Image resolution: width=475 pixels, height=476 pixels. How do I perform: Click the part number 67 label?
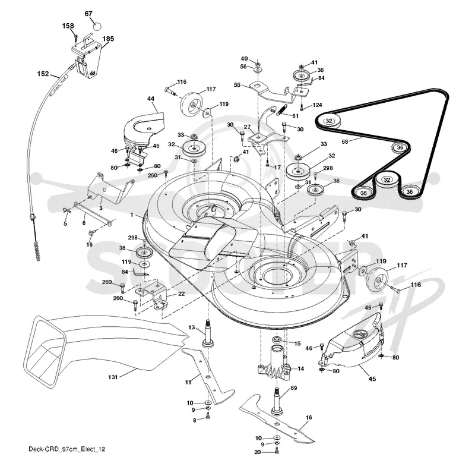point(88,14)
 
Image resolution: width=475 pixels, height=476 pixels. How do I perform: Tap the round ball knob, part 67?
point(96,26)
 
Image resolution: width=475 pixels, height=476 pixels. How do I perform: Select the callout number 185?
point(108,39)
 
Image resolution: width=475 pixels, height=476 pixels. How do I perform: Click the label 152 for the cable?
point(43,74)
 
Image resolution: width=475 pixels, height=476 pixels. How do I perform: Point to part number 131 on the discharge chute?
point(113,377)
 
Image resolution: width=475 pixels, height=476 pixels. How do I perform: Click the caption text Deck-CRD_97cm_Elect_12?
point(67,449)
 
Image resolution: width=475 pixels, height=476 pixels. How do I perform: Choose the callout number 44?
point(150,99)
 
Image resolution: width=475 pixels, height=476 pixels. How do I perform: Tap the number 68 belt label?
point(345,142)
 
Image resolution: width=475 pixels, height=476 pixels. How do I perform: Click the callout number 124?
point(317,105)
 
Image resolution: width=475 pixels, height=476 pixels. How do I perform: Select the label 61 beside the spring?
point(296,116)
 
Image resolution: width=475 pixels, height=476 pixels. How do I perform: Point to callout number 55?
point(237,85)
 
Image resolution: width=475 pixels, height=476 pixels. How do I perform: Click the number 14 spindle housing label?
point(300,368)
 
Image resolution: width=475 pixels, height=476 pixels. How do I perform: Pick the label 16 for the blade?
point(309,417)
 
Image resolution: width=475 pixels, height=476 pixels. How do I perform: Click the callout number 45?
point(372,379)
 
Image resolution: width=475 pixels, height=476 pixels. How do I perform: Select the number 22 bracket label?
point(181,294)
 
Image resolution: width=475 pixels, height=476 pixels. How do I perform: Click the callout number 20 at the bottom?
point(258,452)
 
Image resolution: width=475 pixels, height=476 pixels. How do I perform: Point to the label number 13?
point(191,327)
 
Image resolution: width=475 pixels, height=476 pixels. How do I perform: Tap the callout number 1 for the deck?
point(132,215)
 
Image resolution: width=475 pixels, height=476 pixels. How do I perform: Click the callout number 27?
point(247,127)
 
